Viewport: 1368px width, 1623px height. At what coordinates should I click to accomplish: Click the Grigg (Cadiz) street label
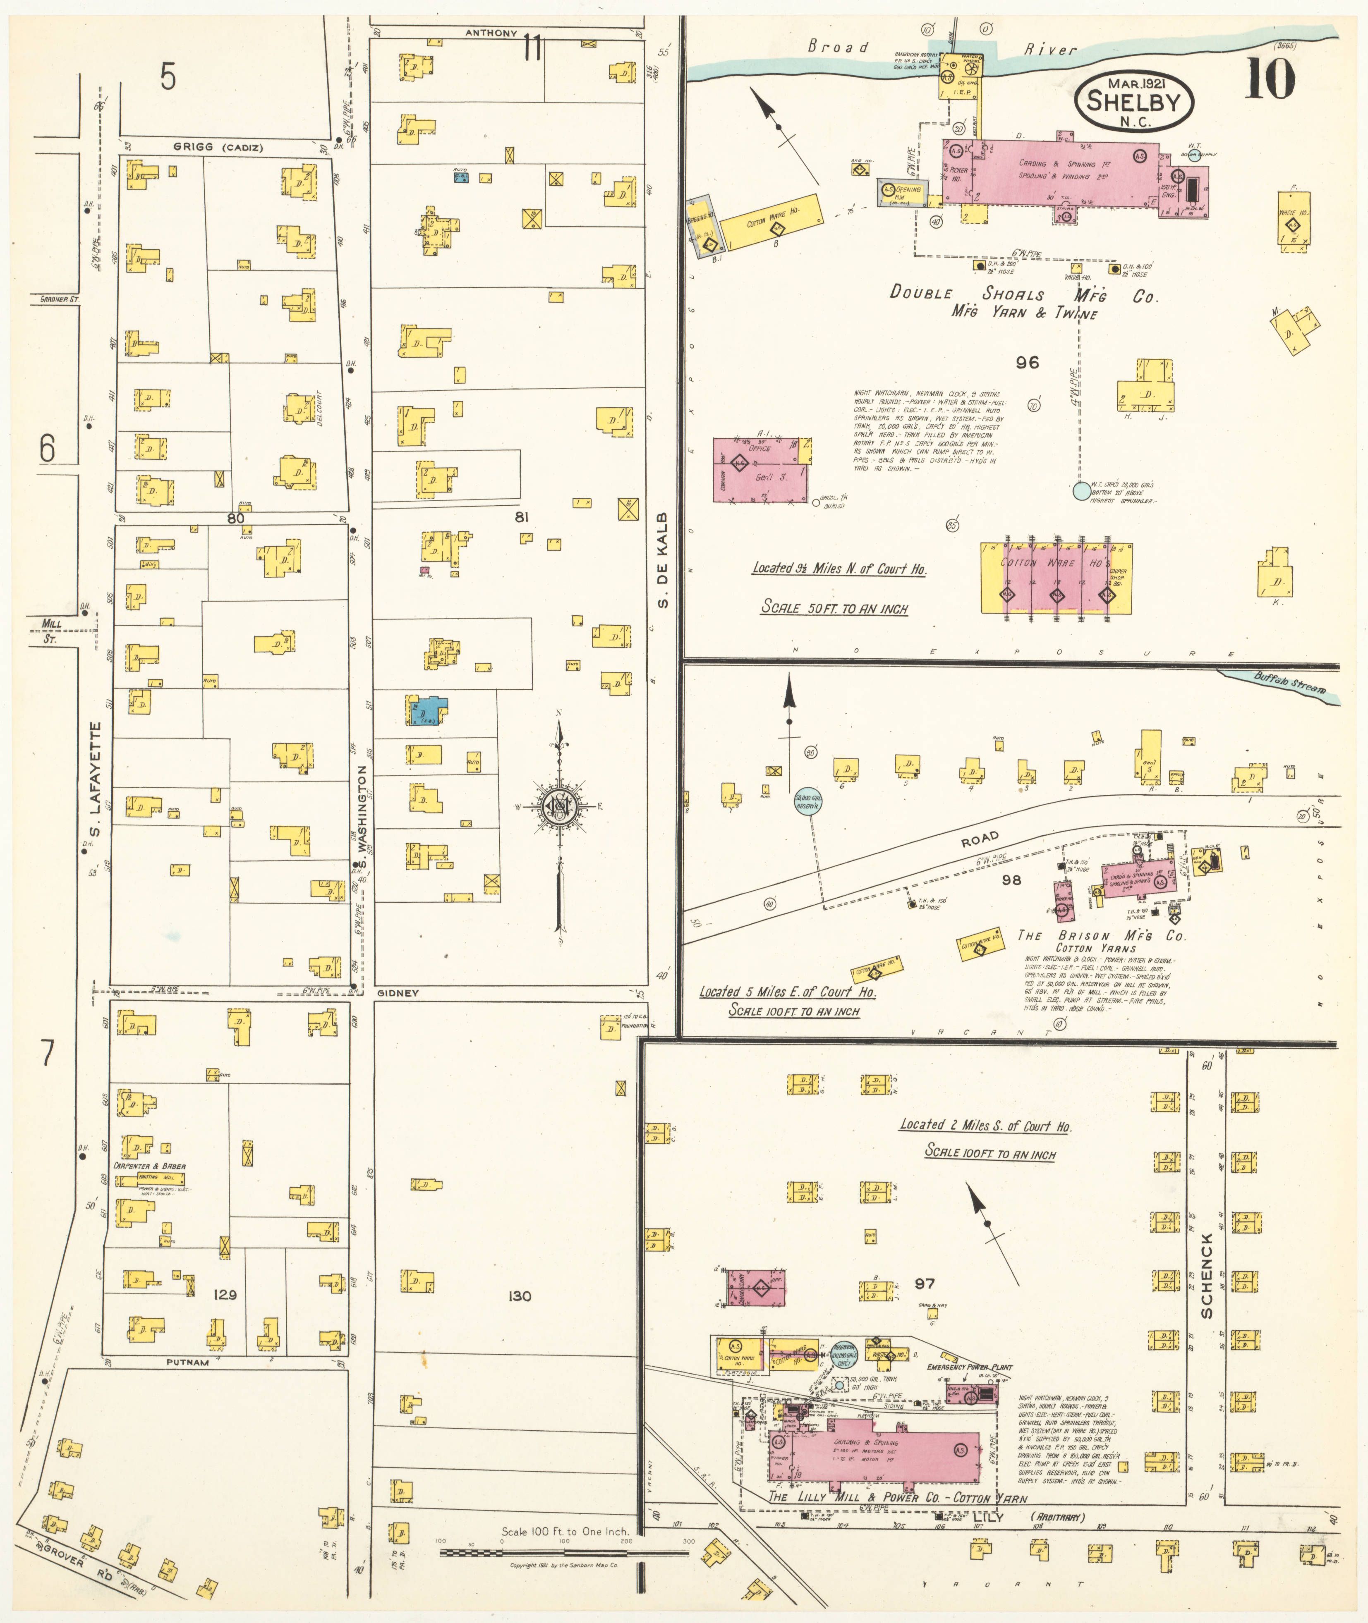pos(218,147)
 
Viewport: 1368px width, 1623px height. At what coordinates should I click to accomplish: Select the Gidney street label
pos(398,993)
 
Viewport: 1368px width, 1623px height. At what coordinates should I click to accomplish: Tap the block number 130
pos(520,1296)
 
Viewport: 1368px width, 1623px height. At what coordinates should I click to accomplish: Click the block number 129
pos(225,1294)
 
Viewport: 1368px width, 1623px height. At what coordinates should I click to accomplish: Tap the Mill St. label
pos(51,629)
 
